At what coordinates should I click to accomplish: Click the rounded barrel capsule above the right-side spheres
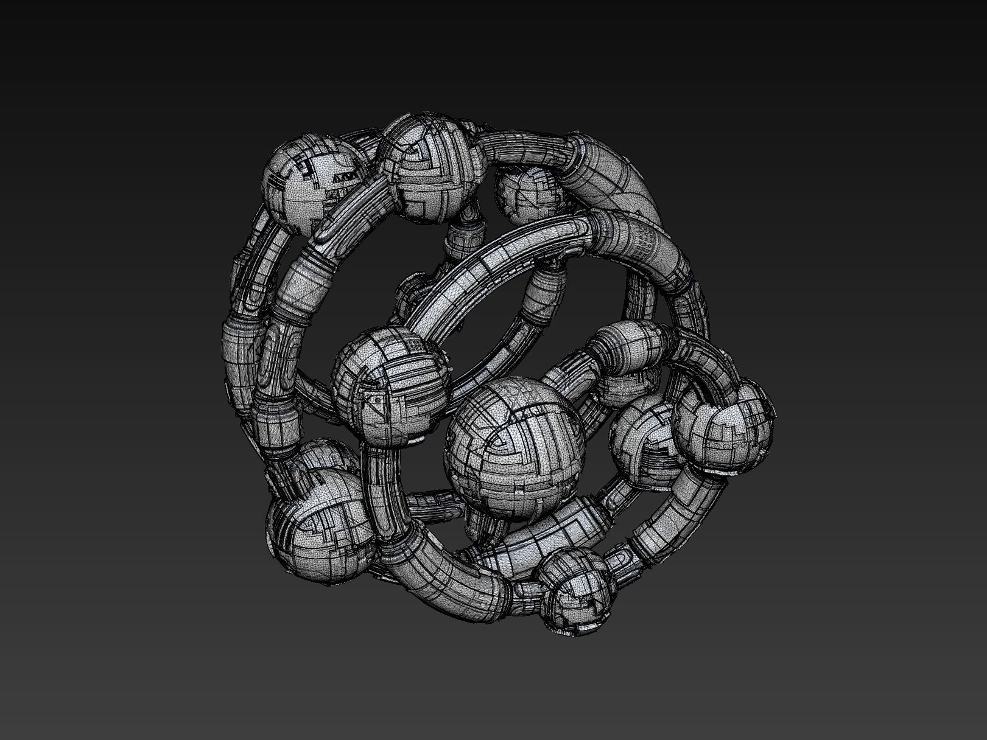[x=627, y=347]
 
